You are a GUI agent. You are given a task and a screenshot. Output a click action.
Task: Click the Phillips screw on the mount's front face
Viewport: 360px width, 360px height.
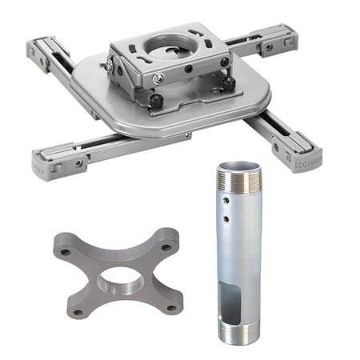pos(159,78)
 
